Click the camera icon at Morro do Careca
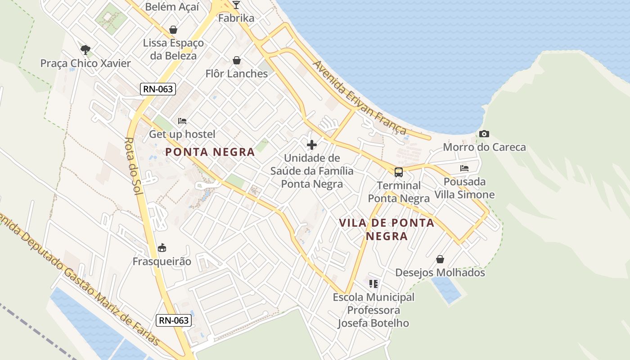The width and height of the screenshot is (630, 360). pyautogui.click(x=484, y=134)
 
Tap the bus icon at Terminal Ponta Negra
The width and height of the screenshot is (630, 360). pyautogui.click(x=399, y=172)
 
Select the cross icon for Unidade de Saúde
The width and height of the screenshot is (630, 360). pyautogui.click(x=311, y=145)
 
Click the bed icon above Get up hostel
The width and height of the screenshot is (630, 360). pyautogui.click(x=182, y=121)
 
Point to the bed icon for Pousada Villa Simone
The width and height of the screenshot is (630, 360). pyautogui.click(x=464, y=168)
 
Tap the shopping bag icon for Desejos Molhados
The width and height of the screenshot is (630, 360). pyautogui.click(x=440, y=260)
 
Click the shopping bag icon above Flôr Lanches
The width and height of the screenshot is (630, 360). pyautogui.click(x=237, y=60)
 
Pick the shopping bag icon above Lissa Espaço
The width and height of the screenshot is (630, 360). pyautogui.click(x=173, y=30)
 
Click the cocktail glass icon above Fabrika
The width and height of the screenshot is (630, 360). pyautogui.click(x=236, y=5)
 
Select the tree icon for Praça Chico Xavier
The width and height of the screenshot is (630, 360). pyautogui.click(x=85, y=49)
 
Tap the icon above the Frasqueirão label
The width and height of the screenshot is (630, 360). pyautogui.click(x=162, y=248)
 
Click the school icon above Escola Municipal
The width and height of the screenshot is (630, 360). pyautogui.click(x=373, y=284)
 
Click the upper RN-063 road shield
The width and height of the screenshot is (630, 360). pyautogui.click(x=157, y=89)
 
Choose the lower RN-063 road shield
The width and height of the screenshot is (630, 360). pyautogui.click(x=174, y=321)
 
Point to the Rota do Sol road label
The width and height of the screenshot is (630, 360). pyautogui.click(x=133, y=166)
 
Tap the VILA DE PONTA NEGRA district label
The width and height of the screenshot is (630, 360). pyautogui.click(x=387, y=229)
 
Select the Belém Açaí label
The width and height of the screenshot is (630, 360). pyautogui.click(x=172, y=6)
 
